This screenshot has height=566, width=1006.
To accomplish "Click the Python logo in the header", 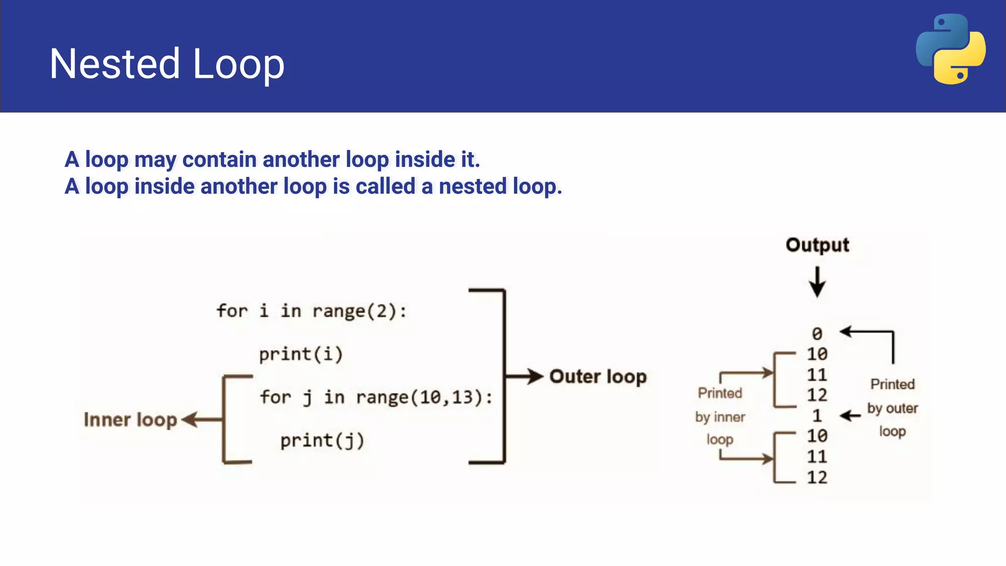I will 950,49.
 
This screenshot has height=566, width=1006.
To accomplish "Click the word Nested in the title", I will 115,64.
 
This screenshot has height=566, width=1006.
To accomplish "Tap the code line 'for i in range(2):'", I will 311,311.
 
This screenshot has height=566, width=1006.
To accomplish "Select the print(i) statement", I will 301,354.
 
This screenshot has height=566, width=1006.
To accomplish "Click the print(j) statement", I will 322,441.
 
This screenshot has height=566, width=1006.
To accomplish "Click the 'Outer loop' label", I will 598,377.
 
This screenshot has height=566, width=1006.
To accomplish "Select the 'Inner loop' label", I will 130,420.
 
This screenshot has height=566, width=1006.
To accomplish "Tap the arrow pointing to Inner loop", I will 201,420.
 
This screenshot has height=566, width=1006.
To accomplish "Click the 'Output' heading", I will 817,245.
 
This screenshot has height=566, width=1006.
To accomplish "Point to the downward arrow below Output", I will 817,282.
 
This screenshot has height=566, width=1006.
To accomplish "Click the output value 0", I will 817,334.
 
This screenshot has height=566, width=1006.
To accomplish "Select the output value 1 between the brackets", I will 817,416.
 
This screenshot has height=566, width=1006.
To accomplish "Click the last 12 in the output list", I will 817,478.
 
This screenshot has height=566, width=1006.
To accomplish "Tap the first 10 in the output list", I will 817,354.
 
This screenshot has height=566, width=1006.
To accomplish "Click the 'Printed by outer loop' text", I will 892,408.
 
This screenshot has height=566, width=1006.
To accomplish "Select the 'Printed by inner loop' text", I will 720,416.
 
